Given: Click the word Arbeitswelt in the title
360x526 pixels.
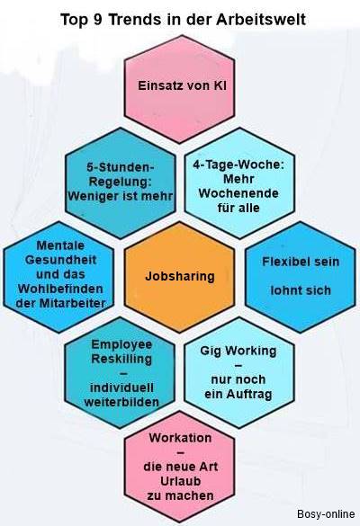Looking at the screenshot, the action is click(261, 20).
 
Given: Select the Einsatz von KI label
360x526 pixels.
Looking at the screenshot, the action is click(182, 85).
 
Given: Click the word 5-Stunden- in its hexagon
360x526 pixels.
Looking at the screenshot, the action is click(121, 167).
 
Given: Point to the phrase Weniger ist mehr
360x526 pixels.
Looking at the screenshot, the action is click(121, 196).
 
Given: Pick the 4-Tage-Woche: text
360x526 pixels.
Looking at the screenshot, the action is click(238, 165).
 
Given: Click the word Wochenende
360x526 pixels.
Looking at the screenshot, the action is click(238, 193).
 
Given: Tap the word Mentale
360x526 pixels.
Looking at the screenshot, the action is click(60, 245).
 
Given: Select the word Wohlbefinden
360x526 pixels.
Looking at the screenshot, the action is click(60, 289).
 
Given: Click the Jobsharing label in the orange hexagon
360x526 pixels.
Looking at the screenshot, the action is click(180, 276).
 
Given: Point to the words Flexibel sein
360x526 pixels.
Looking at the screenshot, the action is click(301, 262).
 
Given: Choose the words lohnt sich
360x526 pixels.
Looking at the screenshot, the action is click(301, 290).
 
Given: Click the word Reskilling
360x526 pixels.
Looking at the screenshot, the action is click(121, 359).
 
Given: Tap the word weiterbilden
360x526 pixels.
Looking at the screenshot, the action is click(121, 402).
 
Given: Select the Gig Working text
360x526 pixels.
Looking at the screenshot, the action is click(238, 351).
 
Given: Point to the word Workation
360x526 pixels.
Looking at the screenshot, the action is click(180, 438).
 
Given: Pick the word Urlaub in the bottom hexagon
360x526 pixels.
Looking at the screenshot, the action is click(180, 481).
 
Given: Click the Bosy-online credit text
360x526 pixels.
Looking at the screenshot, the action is click(326, 514).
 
